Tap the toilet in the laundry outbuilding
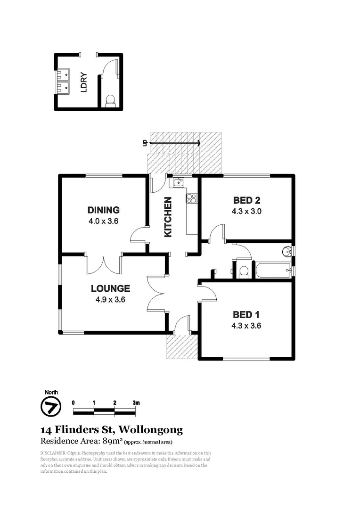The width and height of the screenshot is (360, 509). click(110, 99)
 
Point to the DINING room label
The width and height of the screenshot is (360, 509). click(104, 210)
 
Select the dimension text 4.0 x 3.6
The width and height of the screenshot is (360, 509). click(103, 220)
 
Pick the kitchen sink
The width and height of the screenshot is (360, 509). click(178, 182)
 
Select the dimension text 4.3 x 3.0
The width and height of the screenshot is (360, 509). click(246, 211)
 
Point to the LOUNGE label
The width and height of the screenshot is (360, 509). click(110, 288)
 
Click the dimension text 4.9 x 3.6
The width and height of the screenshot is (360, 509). click(110, 299)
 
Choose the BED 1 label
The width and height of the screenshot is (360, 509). click(246, 315)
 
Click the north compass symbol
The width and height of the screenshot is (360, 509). click(50, 406)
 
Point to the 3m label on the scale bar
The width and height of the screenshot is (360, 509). click(136, 403)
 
